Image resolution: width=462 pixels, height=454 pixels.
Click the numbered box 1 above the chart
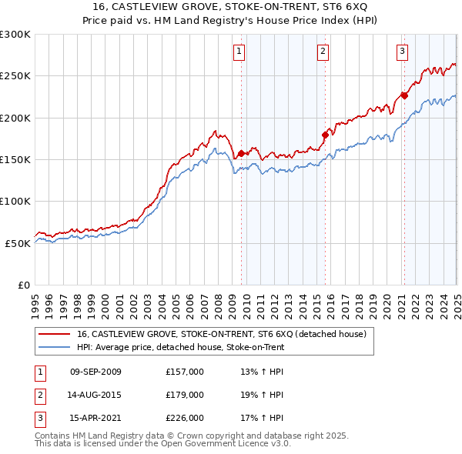point(239,52)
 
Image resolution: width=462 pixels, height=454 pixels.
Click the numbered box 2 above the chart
point(323,52)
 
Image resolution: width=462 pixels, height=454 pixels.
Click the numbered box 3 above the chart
point(403,52)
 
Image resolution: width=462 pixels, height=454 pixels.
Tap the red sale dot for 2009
point(241,153)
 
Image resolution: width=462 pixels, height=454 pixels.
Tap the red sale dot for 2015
point(324,135)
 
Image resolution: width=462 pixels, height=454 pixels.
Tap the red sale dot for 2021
point(404,96)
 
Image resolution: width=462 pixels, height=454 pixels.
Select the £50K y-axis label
point(18,243)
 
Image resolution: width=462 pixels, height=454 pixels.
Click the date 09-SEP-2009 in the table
point(95,372)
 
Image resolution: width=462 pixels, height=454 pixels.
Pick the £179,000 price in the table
point(185,395)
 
